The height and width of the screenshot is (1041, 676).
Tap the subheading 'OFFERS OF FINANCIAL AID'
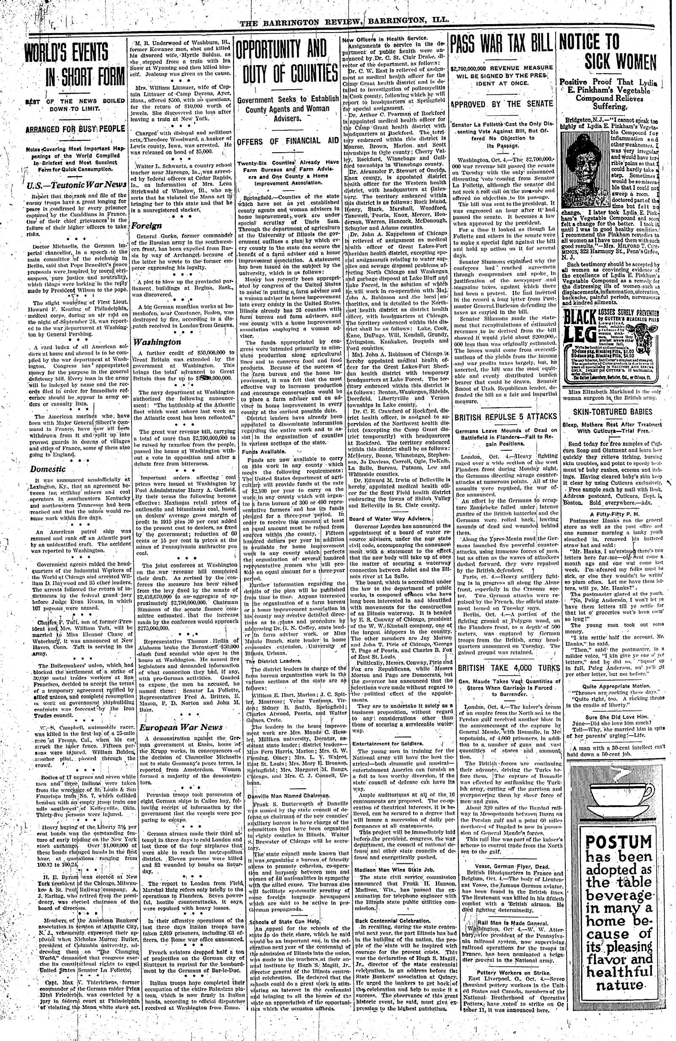288,142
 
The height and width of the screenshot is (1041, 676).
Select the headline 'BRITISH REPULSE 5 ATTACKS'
505,417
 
